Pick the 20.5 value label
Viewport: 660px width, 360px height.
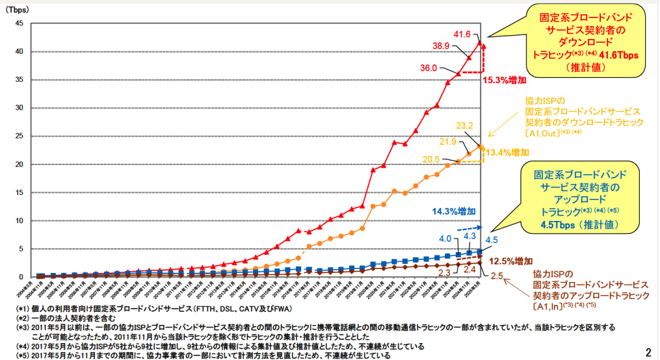tap(429, 159)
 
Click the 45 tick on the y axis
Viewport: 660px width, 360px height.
tap(19, 24)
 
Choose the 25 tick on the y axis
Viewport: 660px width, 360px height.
tap(19, 136)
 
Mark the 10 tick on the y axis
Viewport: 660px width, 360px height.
tap(19, 221)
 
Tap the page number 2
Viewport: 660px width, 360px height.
tap(648, 353)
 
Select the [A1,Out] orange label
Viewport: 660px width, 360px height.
tap(552, 133)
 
